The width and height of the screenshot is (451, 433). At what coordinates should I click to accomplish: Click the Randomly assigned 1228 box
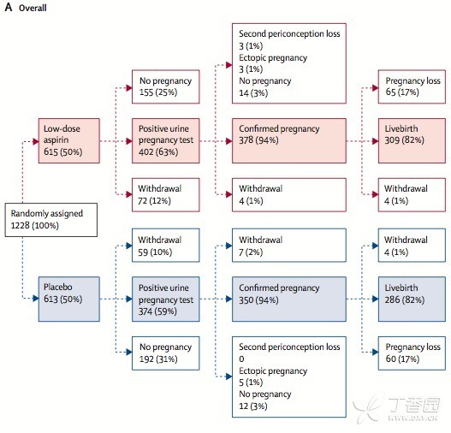51,220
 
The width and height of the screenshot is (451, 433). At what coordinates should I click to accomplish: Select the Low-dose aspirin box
69,140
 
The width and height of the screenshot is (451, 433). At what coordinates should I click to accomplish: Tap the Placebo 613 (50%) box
69,299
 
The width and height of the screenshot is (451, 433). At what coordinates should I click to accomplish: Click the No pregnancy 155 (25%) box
166,86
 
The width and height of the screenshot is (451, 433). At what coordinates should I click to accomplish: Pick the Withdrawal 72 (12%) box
166,195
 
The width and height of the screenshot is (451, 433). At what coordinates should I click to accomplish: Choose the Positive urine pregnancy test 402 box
166,140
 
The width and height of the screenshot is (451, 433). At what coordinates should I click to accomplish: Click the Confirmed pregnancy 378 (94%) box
289,140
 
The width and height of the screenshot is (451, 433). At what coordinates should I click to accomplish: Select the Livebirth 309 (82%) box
412,140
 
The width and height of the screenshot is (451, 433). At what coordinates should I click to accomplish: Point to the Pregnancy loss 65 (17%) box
412,86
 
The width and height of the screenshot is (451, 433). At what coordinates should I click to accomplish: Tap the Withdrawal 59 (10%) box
166,246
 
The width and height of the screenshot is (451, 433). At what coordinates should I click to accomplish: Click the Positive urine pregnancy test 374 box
166,299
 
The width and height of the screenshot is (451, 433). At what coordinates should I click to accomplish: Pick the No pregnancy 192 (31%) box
166,353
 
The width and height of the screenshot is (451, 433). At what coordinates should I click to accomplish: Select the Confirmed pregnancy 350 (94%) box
289,299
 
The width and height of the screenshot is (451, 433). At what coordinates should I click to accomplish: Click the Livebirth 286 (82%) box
412,299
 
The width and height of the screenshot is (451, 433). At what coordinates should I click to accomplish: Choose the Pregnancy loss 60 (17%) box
412,353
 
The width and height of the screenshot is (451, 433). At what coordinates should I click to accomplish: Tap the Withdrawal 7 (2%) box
289,246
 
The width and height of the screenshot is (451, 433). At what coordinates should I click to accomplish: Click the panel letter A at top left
9,7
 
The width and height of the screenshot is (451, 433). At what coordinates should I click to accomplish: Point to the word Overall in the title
33,8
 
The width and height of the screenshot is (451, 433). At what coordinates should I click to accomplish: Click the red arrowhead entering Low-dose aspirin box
36,141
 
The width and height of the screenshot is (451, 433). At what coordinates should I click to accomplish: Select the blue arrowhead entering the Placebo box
36,298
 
